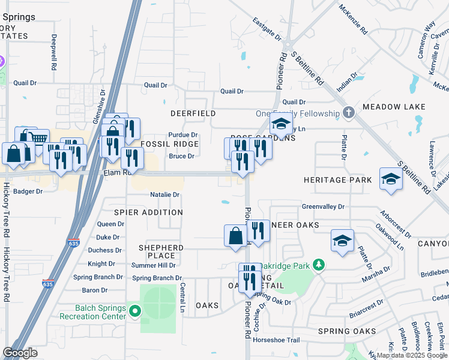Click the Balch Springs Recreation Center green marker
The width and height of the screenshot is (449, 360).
coord(134,311)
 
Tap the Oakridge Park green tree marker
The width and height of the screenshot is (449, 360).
coord(319,264)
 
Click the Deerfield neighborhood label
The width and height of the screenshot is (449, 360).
coord(193,113)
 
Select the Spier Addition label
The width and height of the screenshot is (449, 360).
coord(149,212)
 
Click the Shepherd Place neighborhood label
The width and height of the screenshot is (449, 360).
coord(161,251)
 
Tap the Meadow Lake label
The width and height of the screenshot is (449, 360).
coord(394,107)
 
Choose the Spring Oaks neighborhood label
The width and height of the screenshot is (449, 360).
coord(347,331)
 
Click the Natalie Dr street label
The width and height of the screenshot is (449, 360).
coord(165,195)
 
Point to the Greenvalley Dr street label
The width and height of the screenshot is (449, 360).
coord(323,206)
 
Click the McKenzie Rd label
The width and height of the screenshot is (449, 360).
coord(353,20)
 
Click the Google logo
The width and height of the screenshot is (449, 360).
coord(20,353)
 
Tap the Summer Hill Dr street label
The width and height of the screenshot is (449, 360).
coord(154,265)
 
